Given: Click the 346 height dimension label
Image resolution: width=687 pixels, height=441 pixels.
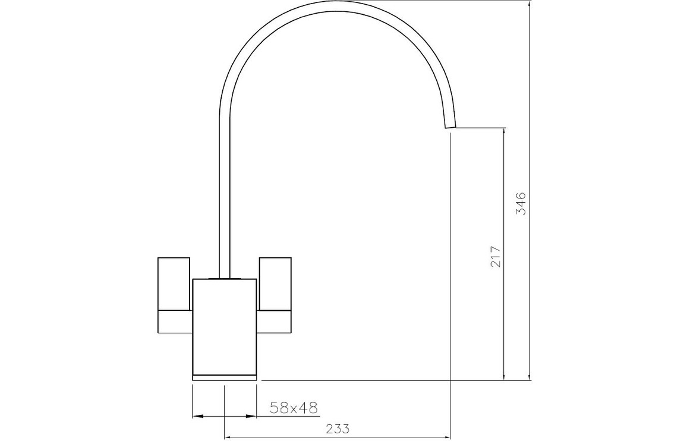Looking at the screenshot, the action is (x=521, y=204).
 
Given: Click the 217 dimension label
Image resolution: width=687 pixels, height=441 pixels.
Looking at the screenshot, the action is (x=495, y=256).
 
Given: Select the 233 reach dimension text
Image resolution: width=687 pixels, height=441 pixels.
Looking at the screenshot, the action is (x=338, y=429).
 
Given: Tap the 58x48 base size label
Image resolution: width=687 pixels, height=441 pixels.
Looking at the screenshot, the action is (x=293, y=408).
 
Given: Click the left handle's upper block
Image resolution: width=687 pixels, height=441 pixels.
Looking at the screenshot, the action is (x=174, y=283).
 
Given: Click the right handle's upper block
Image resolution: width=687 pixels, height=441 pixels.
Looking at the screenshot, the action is (x=275, y=283).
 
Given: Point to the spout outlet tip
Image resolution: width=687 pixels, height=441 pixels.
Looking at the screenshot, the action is (x=450, y=127).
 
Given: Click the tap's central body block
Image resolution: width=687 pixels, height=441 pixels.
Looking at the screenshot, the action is (x=224, y=326).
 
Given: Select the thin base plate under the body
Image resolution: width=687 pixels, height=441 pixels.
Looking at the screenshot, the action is (x=224, y=377).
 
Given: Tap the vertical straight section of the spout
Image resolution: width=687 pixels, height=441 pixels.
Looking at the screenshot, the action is (x=224, y=197).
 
